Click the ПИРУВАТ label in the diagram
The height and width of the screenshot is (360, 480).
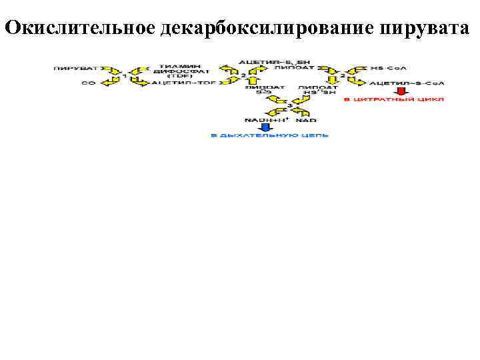tap(76, 68)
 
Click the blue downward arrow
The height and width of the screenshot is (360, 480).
tap(266, 127)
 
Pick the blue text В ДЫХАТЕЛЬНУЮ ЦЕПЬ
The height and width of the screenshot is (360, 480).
tap(270, 136)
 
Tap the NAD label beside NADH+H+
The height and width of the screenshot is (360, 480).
tap(301, 119)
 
